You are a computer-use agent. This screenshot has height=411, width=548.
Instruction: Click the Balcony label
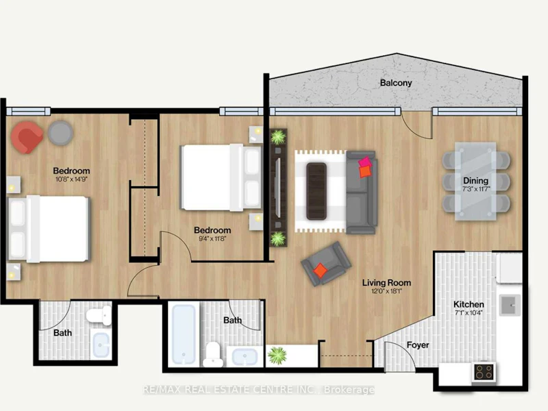click(396, 83)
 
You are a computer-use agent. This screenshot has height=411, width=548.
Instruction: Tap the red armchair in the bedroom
click(27, 138)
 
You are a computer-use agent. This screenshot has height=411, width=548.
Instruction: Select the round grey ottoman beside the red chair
click(60, 133)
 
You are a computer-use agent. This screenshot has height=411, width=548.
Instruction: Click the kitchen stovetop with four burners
click(484, 372)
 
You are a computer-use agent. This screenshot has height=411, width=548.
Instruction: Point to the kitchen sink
click(510, 305)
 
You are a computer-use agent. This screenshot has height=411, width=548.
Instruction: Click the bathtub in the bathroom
click(184, 334)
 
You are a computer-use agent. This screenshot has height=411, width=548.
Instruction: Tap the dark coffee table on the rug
click(316, 191)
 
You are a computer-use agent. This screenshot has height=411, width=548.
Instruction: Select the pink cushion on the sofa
click(365, 162)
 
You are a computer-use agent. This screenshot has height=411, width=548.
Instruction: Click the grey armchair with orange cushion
click(326, 264)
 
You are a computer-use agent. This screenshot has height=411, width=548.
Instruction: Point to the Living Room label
click(386, 282)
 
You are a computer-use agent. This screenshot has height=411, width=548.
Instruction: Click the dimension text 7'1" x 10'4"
click(469, 313)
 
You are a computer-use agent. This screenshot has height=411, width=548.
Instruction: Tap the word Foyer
click(418, 345)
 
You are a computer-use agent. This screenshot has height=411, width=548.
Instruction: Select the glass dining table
click(475, 181)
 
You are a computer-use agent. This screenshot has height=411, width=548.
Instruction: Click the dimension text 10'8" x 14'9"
click(71, 179)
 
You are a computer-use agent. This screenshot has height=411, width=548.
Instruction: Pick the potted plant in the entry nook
click(277, 356)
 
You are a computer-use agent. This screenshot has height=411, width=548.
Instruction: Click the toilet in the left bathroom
click(99, 315)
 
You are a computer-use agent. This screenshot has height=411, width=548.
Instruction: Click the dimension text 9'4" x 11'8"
click(212, 239)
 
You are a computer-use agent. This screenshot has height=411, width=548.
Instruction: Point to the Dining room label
click(475, 181)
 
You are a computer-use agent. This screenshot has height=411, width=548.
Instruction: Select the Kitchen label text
click(469, 304)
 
